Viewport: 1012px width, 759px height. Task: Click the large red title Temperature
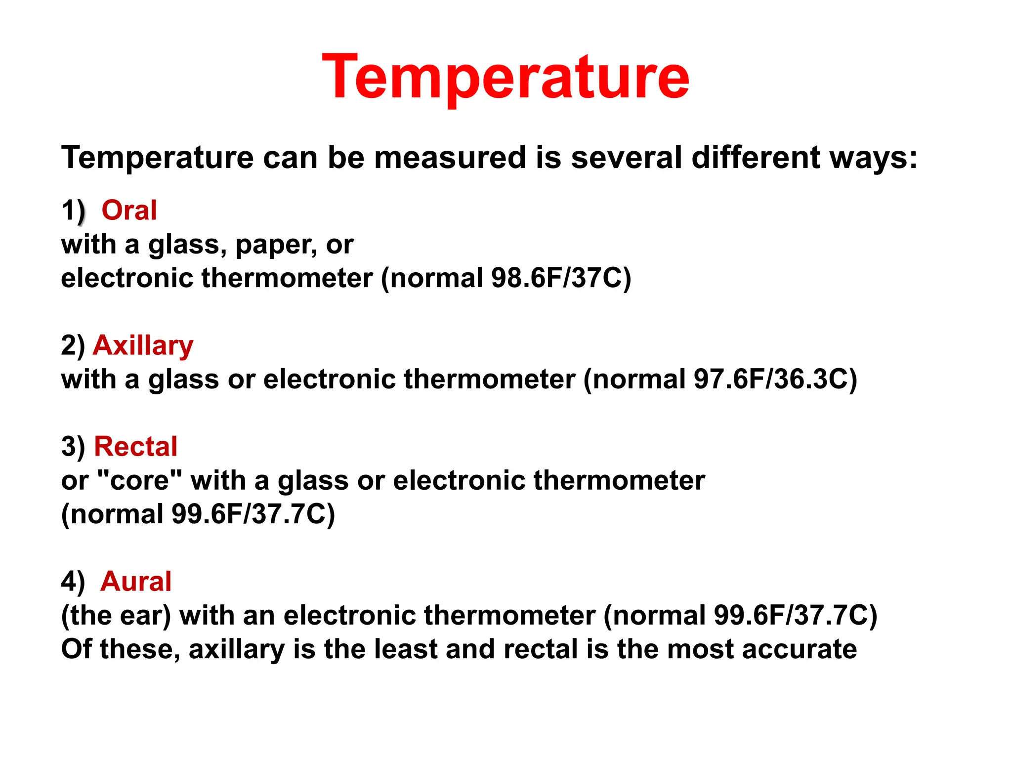point(506,78)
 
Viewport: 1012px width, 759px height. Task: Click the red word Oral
point(129,210)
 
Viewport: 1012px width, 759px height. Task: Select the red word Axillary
point(143,345)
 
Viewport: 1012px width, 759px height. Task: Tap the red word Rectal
point(135,446)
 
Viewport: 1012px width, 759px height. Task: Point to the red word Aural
point(136,581)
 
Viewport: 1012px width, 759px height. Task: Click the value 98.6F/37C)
point(561,278)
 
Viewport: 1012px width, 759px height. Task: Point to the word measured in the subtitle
point(450,158)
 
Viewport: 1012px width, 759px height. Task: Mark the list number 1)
point(73,211)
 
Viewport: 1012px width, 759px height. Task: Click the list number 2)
point(73,345)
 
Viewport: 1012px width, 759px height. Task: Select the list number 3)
point(73,447)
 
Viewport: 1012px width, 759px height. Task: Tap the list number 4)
point(73,582)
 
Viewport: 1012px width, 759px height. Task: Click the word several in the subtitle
point(626,158)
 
